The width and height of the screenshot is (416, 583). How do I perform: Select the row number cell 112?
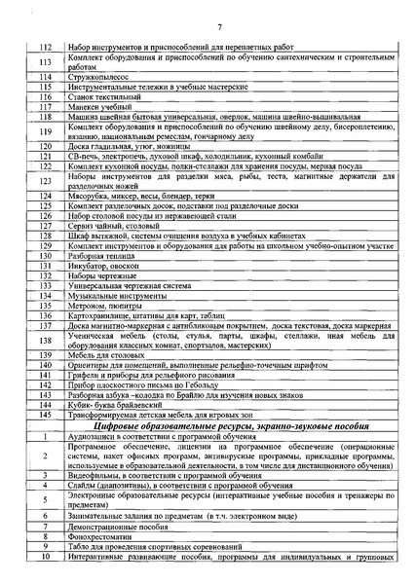click(x=45, y=46)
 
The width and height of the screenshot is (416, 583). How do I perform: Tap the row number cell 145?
click(x=45, y=415)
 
